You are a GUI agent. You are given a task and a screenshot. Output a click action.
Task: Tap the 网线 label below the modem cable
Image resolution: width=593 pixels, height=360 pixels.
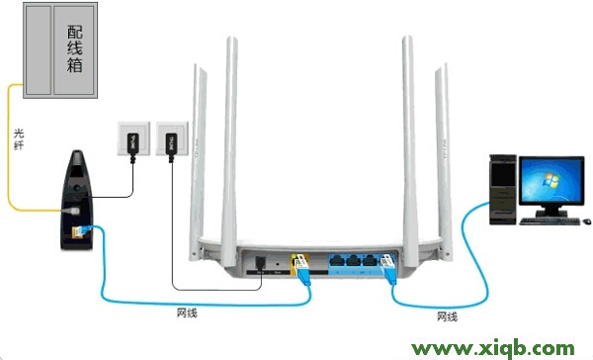click(185, 314)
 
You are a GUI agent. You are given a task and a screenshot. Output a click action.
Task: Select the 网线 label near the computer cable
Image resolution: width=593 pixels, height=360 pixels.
click(447, 316)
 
